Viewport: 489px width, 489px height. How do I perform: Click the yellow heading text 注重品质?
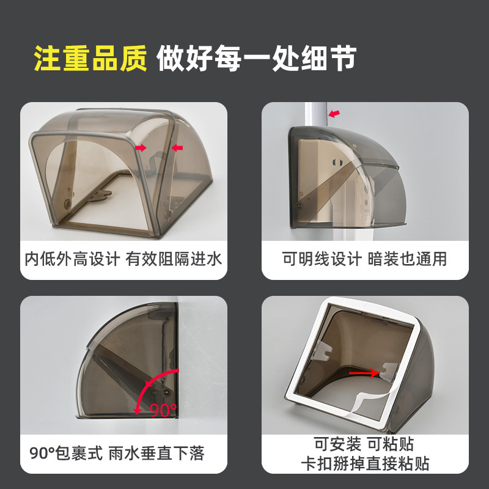pos(90,58)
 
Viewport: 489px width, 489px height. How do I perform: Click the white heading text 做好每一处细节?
pos(256,58)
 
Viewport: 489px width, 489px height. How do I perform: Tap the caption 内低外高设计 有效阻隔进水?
pos(123,259)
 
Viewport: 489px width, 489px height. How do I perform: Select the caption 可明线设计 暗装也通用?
pos(364,259)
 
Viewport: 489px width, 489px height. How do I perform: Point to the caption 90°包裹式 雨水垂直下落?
pos(117,453)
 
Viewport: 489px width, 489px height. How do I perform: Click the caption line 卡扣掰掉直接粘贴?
pos(365,463)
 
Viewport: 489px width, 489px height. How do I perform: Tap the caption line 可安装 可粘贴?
pos(364,444)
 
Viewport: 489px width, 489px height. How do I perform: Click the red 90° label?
pos(163,410)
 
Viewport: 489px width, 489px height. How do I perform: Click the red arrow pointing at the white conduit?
pos(334,114)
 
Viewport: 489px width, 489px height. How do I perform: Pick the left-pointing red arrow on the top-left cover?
pos(177,147)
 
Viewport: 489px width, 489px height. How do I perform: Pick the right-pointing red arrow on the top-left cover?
pos(141,147)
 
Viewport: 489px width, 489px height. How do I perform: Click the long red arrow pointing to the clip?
pos(364,373)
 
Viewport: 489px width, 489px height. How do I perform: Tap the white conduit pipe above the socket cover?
pos(316,114)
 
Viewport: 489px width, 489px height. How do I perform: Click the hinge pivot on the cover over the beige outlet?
pos(299,205)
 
